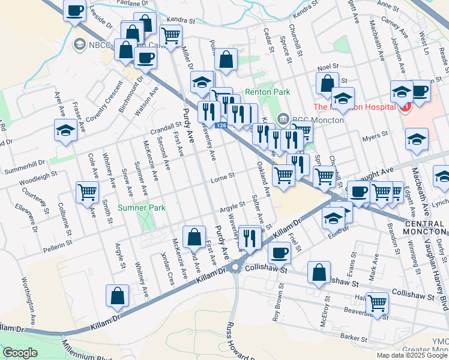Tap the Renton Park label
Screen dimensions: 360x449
click(x=267, y=92)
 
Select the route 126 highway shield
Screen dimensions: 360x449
click(x=221, y=125)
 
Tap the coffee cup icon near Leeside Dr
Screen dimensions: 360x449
click(x=75, y=11)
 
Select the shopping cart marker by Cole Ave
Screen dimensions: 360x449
click(x=87, y=193)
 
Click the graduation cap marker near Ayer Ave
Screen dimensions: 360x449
click(x=65, y=130)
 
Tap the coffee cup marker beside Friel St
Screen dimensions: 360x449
click(x=279, y=252)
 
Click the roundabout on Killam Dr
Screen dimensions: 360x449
click(x=235, y=266)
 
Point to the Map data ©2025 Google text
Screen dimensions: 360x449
click(x=411, y=355)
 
